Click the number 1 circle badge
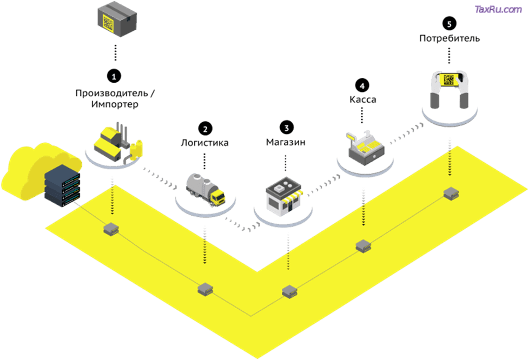[x=114, y=74]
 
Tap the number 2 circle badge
[x=205, y=128]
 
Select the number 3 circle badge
[x=286, y=128]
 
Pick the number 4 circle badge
[x=362, y=85]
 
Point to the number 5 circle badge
[x=449, y=23]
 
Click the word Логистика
[x=204, y=143]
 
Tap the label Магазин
[x=286, y=143]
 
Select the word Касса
[x=362, y=100]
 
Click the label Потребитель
[x=449, y=38]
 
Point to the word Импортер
[x=114, y=105]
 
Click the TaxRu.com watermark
[x=498, y=9]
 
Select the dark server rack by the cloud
[x=62, y=186]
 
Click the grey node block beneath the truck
[x=204, y=289]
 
